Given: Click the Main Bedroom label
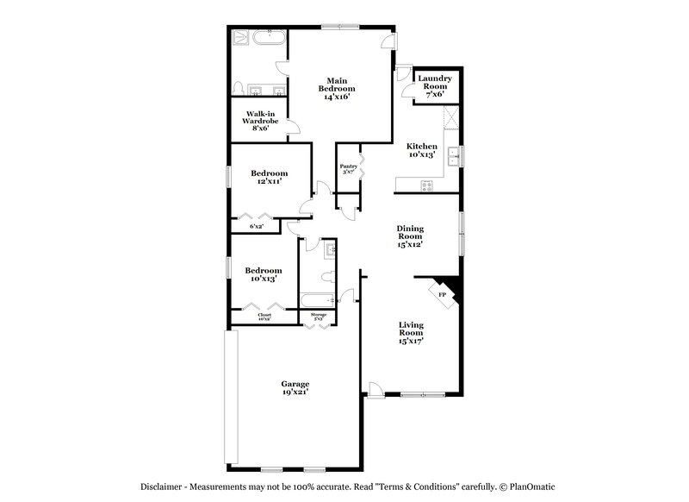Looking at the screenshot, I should (x=338, y=89).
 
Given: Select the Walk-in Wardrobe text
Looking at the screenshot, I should (x=259, y=121).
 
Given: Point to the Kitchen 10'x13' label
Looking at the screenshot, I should (x=421, y=150).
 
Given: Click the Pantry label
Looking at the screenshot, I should (x=348, y=170).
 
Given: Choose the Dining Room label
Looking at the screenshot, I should (x=410, y=235).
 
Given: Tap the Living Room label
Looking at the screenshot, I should (x=411, y=332).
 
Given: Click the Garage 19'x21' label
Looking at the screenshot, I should (x=295, y=388).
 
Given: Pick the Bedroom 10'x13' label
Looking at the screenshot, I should (x=263, y=274).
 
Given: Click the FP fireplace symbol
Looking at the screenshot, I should (x=444, y=295).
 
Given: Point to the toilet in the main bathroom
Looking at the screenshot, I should (x=239, y=87).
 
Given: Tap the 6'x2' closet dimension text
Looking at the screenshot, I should (x=256, y=226).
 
